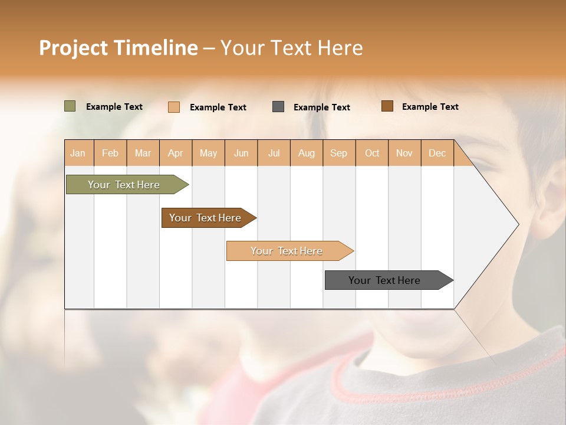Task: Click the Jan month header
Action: coord(78,153)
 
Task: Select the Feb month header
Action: coord(110,153)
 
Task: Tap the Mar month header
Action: coord(143,153)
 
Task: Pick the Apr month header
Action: coord(176,153)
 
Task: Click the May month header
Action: coord(208,153)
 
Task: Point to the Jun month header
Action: coord(241,153)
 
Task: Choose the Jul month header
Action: coord(274,153)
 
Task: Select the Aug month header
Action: coord(307,153)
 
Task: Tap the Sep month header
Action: coord(339,153)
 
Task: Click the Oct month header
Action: coord(372,153)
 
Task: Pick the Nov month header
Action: coord(404,153)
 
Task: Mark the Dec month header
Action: coord(437,153)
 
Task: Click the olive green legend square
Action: coord(70,106)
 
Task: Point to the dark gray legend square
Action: coord(278,107)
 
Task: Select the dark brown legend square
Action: coord(387,106)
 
